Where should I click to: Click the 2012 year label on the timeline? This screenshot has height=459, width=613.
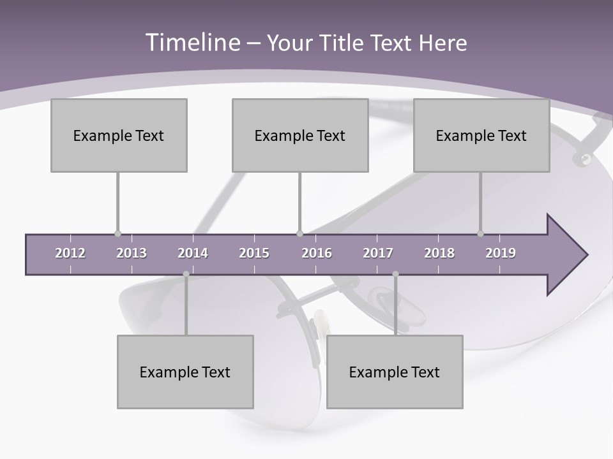tap(70, 253)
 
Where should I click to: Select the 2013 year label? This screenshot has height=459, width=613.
tap(132, 253)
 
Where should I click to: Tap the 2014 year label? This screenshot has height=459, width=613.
tap(193, 253)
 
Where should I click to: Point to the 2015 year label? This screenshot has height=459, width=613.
tap(254, 253)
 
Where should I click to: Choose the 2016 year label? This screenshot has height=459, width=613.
tap(317, 253)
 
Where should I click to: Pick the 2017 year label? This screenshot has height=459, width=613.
tap(378, 253)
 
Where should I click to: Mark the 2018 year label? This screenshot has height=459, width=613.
tap(439, 253)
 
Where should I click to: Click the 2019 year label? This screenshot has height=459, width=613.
tap(501, 253)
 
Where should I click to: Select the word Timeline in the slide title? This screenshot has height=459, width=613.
tap(192, 43)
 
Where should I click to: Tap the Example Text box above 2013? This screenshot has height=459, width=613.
tap(119, 135)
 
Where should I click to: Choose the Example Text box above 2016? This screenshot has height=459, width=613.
tap(300, 135)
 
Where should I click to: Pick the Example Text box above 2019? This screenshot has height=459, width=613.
tap(481, 135)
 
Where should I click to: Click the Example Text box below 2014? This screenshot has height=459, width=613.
tap(185, 372)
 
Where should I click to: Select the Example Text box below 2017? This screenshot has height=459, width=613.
tap(395, 372)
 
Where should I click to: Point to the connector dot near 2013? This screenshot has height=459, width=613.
tap(117, 233)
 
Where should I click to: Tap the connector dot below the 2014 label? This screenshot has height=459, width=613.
tap(186, 274)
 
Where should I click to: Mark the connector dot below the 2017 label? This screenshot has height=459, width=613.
tap(395, 274)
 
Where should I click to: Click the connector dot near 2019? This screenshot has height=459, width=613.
tap(480, 233)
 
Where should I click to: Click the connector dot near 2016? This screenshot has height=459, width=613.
tap(299, 233)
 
